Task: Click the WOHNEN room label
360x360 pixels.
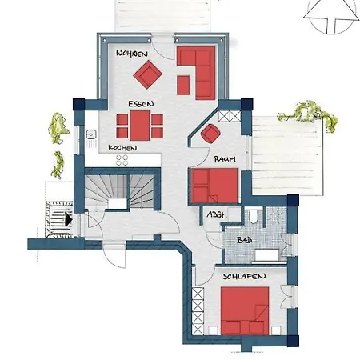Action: tap(132, 54)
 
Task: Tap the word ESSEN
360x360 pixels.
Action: tap(141, 104)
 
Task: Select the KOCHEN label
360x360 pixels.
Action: tap(122, 148)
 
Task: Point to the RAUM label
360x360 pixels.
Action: tap(225, 159)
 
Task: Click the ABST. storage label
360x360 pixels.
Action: tap(217, 214)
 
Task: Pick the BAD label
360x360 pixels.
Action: tap(244, 240)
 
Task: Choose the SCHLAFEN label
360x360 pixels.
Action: tap(244, 276)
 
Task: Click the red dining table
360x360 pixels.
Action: tap(140, 126)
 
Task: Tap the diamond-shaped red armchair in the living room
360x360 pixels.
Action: tap(147, 74)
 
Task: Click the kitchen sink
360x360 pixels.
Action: tap(91, 134)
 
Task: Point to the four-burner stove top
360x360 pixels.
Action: tap(122, 160)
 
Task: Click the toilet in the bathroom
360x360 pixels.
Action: tap(254, 216)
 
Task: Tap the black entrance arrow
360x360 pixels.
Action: tap(69, 220)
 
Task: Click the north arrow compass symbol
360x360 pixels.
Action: tap(331, 17)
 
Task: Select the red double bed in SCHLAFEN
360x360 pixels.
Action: tap(245, 310)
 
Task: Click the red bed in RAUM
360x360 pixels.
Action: tap(214, 186)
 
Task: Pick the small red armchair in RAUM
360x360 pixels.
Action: tap(210, 134)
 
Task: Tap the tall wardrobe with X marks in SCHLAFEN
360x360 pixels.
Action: tap(198, 310)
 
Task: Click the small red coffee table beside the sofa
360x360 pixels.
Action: tap(183, 86)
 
